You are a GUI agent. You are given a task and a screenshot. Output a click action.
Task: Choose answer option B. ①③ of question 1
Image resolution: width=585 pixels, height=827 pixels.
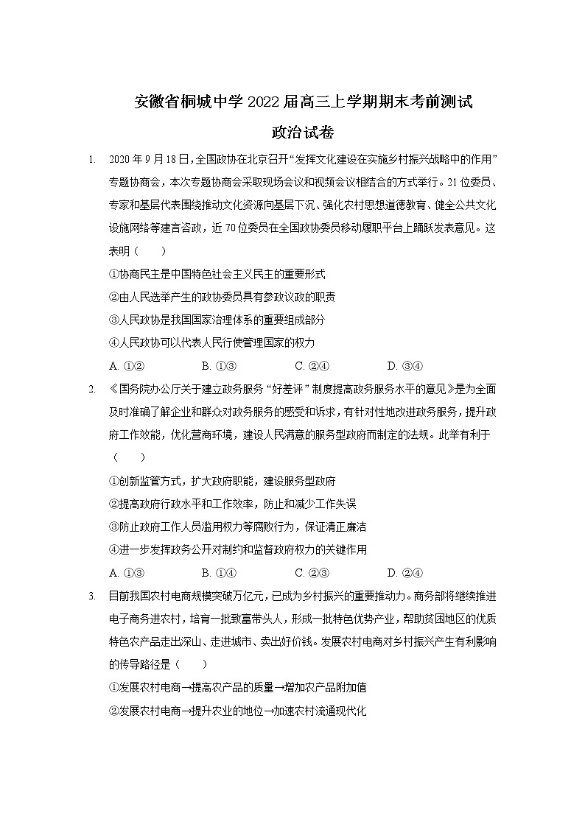(218, 366)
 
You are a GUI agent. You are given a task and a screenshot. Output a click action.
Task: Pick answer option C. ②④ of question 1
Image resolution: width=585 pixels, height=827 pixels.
(311, 366)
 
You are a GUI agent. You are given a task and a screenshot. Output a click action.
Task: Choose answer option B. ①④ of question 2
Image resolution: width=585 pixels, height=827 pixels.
(218, 573)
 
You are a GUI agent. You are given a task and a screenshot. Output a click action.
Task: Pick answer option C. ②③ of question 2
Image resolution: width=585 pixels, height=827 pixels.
(311, 573)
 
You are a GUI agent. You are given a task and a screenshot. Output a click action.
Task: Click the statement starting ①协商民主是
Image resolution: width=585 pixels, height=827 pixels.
(217, 274)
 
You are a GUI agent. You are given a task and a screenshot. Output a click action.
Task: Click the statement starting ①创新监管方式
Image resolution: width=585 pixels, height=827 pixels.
(222, 481)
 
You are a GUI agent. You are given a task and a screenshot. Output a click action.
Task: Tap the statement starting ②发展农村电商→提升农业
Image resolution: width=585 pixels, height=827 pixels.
(237, 711)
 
